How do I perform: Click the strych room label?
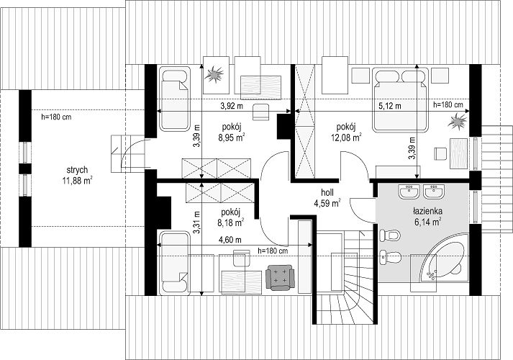(x=77, y=170)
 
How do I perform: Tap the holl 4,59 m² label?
(x=327, y=198)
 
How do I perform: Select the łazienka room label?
(x=427, y=212)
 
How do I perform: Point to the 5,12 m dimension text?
(x=390, y=106)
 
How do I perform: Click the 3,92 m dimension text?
(x=232, y=106)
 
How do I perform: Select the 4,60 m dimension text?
(x=230, y=240)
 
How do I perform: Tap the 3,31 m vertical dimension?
(x=196, y=222)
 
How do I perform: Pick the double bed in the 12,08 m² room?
(x=401, y=100)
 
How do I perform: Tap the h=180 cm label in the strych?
(x=56, y=117)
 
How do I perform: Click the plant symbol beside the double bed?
(x=457, y=122)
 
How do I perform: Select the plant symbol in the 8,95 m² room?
(x=214, y=73)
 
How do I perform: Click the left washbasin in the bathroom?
(x=409, y=191)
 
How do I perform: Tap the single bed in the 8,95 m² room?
(x=174, y=99)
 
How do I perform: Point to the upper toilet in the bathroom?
(x=390, y=235)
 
